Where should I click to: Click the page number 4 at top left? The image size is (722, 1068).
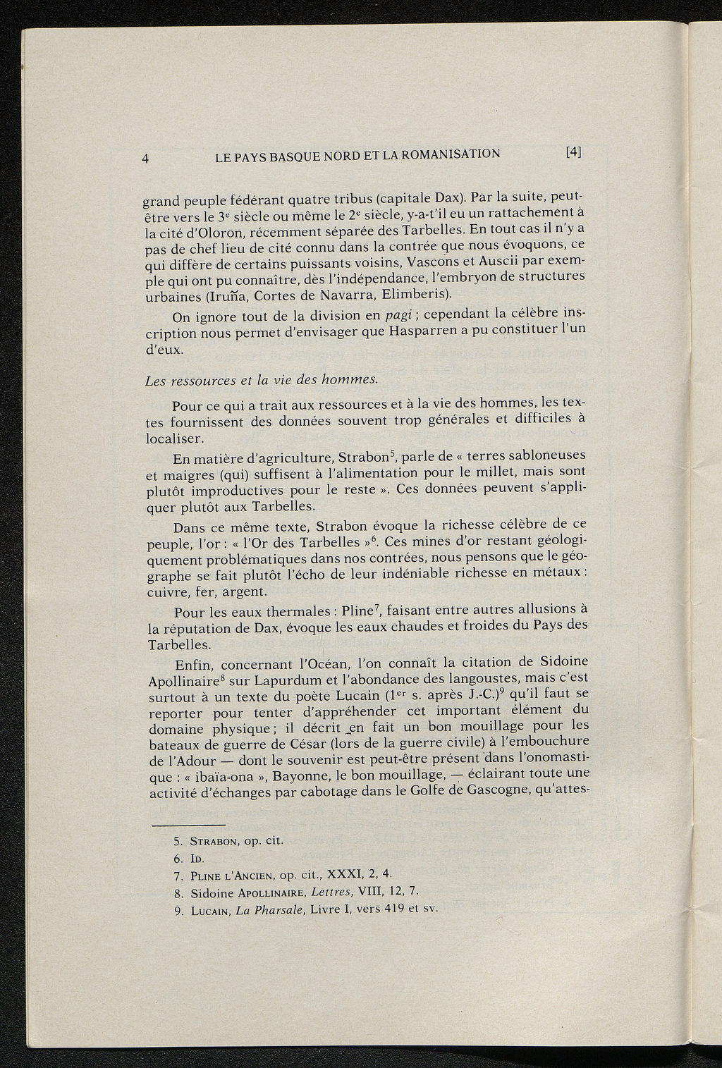[145, 158]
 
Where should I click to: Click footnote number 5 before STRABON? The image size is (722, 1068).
[177, 842]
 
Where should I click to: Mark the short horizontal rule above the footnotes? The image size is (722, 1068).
[188, 825]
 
